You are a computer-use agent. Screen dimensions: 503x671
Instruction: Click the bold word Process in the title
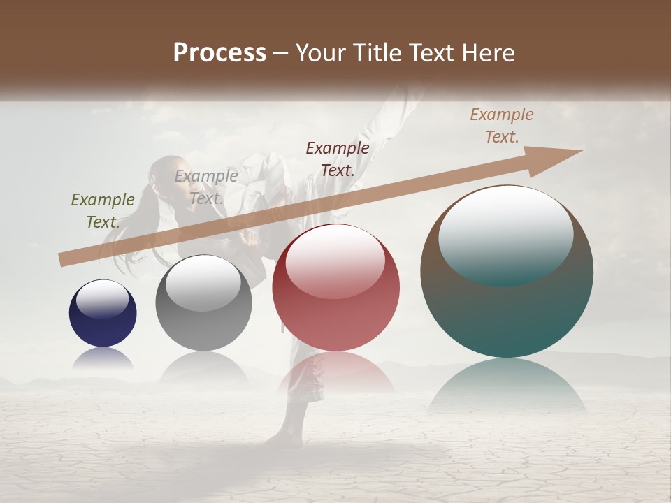[219, 53]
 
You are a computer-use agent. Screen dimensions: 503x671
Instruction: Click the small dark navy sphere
[103, 314]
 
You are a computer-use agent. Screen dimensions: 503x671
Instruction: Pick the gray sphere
[203, 303]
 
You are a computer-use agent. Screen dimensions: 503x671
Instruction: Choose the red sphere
[335, 288]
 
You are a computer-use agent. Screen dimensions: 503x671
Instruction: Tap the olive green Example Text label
[103, 210]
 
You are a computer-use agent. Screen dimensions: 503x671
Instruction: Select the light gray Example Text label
[205, 187]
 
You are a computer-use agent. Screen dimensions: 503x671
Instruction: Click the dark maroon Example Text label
[338, 159]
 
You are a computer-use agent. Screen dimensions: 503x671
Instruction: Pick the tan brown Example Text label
[501, 126]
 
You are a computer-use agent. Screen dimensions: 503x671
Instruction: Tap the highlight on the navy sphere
[103, 299]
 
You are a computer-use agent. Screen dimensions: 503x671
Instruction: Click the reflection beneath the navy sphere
[103, 358]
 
